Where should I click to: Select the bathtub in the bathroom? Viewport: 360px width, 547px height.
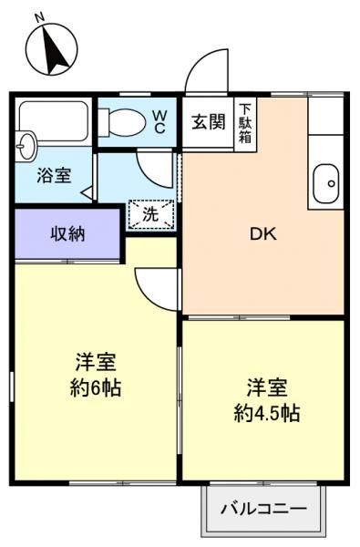coord(53,119)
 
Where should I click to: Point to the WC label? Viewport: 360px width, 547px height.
coord(159,120)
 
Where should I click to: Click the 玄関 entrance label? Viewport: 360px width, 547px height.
coord(208,122)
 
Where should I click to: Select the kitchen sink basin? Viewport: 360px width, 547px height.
coord(325,185)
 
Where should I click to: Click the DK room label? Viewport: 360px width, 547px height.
coord(263,233)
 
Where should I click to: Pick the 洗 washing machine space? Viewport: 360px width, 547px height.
coord(149,215)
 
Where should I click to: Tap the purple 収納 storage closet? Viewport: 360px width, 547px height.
coord(67,234)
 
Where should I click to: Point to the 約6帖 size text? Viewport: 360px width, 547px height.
coord(96,387)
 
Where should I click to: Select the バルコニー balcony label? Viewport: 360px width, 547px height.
coord(263,509)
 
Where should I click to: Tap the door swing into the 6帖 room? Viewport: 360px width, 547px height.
coord(157,287)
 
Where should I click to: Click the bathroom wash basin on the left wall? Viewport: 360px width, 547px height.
coord(25,144)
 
